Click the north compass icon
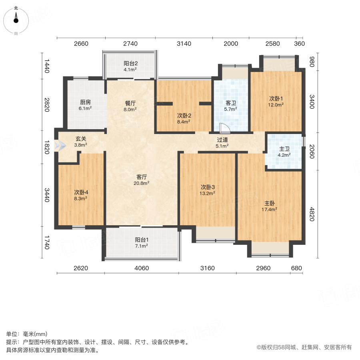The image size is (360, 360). point(16,18)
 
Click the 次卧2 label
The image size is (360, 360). point(184,118)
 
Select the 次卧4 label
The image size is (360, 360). point(80,194)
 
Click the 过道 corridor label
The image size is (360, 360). point(222,143)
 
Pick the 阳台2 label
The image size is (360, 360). point(130,66)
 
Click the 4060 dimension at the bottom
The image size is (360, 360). point(142,268)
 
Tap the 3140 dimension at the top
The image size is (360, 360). point(184,44)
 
